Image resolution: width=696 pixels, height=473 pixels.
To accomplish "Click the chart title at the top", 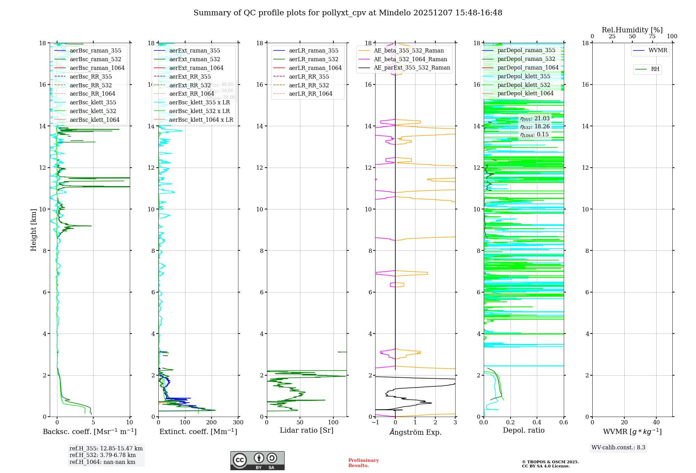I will (348, 13).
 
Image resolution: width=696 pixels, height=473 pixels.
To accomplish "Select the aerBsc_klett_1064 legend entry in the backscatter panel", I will (94, 120).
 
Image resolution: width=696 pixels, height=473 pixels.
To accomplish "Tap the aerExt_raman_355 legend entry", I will (194, 51).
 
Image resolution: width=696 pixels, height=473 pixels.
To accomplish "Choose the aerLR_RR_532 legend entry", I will (309, 85).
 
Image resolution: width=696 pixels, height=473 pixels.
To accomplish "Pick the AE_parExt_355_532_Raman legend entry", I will (412, 68).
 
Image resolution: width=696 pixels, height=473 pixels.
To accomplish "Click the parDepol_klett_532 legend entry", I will (523, 85).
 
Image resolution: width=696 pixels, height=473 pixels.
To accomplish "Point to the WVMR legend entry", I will (657, 50).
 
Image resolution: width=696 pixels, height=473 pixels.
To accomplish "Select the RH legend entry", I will (655, 69).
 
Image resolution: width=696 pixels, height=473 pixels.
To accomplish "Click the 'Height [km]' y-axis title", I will (33, 230).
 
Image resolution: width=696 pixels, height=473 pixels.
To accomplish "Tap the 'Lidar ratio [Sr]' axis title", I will (306, 430).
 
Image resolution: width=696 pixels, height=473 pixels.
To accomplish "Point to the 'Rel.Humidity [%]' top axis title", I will (632, 30).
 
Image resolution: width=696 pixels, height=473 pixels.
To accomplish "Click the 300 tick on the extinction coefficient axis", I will (238, 423).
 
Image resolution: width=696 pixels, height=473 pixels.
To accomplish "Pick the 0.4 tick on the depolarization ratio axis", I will (537, 423).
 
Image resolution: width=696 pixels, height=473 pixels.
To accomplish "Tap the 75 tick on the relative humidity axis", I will (652, 37).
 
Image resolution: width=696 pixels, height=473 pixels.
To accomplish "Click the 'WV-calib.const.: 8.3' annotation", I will (618, 448).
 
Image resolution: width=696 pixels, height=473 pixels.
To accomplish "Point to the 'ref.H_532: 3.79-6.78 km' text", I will (102, 455).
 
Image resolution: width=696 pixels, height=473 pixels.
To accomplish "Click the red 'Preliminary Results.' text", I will (363, 463).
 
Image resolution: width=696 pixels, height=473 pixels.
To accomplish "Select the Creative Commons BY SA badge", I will (257, 460).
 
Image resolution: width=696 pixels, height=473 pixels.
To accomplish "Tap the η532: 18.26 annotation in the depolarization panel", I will (535, 127).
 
